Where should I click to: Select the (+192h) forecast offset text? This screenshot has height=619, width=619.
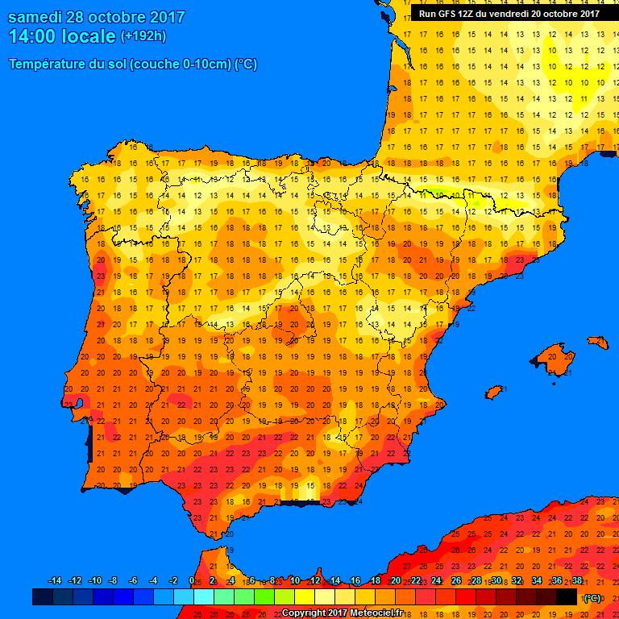tap(143, 36)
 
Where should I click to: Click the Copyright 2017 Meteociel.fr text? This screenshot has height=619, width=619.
tap(342, 613)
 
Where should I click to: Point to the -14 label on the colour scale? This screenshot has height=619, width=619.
tap(55, 581)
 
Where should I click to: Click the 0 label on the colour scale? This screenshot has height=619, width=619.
tap(191, 581)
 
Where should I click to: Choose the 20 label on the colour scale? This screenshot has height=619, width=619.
tap(395, 581)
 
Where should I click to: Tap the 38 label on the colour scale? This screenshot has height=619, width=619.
tap(576, 581)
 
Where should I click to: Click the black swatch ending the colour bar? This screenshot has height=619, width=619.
tap(567, 596)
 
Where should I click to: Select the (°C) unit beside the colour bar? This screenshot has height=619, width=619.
tap(592, 598)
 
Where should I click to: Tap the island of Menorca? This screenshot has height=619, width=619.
tap(596, 342)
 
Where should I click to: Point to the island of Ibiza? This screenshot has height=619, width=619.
tap(494, 393)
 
